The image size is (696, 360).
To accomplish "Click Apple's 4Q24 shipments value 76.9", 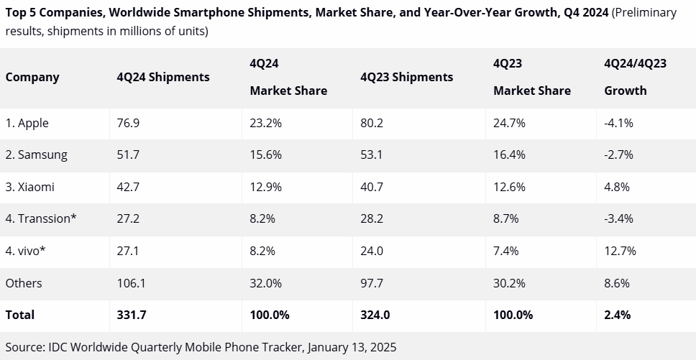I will point(128,123).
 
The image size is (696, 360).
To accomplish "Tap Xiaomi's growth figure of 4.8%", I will point(617,187).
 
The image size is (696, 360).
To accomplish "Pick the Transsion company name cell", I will point(41,218).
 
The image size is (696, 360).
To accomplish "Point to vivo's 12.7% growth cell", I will point(620,251).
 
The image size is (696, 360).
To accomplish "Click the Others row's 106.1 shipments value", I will point(131,283).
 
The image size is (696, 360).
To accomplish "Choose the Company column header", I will point(32,77).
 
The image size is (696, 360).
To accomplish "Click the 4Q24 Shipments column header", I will point(163,77).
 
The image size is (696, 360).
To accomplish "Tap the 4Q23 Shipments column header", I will point(407,77).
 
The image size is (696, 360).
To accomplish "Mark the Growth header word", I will point(626,91).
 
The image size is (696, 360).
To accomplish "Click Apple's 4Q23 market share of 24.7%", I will point(509,123).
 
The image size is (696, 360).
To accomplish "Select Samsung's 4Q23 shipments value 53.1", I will point(372,154).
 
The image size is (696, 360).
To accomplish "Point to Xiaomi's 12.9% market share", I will point(266,187).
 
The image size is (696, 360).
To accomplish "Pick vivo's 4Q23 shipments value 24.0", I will point(372,251).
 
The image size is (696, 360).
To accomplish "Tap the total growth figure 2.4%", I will point(618,315).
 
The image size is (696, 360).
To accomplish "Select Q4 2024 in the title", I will point(585,13).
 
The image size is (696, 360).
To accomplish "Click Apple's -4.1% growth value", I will point(618,123).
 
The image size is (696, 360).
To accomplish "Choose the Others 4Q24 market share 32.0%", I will point(266,283).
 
